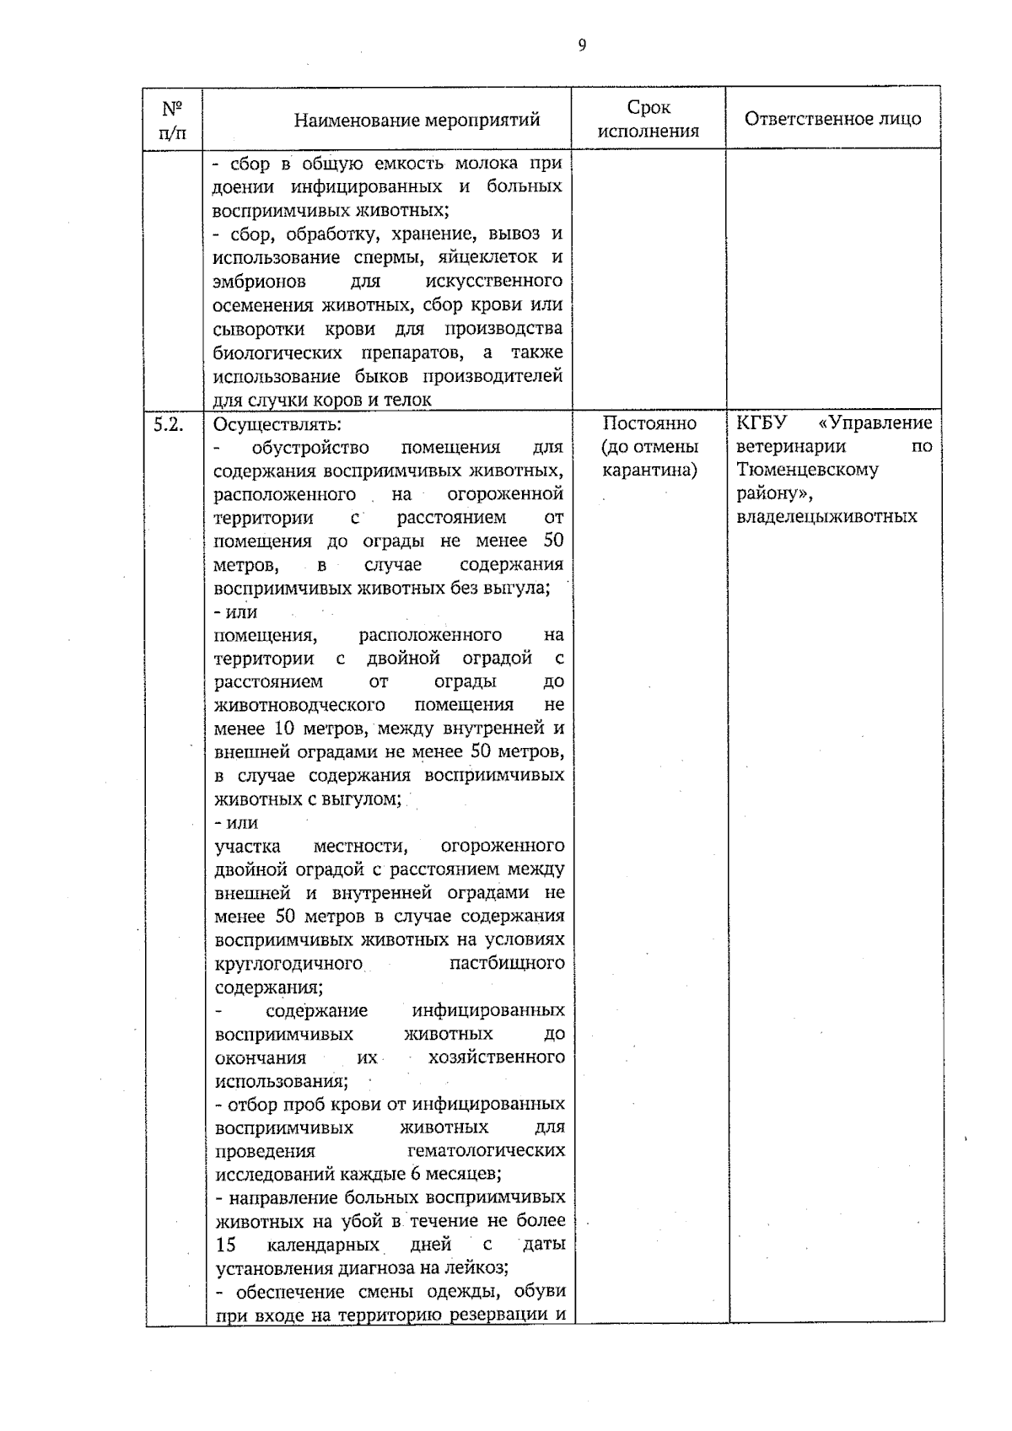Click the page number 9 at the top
coord(582,45)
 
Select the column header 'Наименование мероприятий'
coord(417,120)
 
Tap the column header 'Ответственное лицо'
coord(832,118)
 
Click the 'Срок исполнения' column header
coord(649,119)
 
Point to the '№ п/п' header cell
coord(173,120)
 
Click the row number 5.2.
coord(169,424)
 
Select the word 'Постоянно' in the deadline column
coord(649,423)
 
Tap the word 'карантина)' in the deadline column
coord(649,470)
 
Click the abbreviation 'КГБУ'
coord(761,422)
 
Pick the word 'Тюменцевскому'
coord(807,470)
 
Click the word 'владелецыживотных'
coord(826,516)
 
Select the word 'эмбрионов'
coord(259,281)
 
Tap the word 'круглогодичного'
coord(288,963)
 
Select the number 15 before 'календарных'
coord(225,1245)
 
